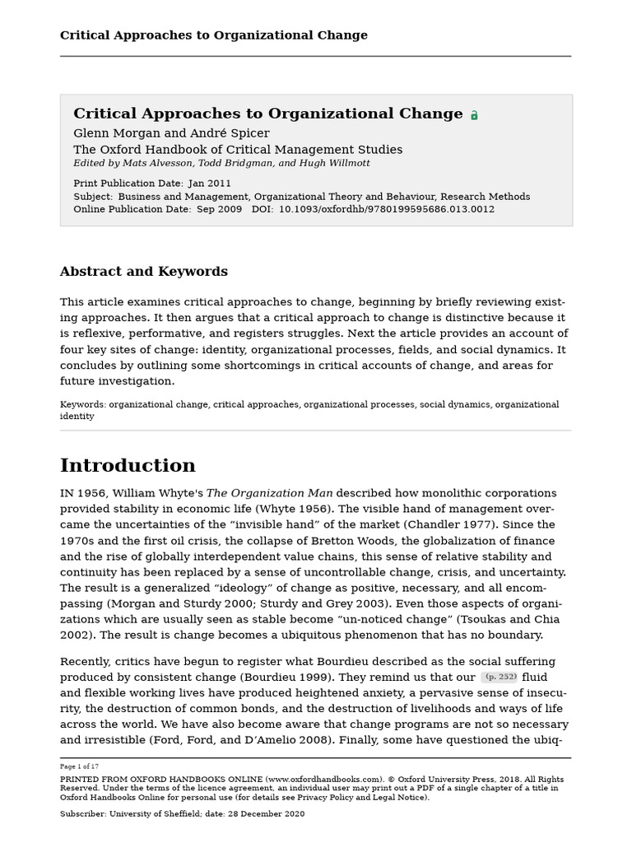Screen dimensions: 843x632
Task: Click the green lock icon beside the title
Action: click(474, 116)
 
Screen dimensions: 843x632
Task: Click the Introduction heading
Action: click(128, 466)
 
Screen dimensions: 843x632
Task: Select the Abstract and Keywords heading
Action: click(143, 272)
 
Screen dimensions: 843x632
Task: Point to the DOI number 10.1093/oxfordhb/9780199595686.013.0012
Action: click(387, 210)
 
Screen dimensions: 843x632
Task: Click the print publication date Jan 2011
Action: click(210, 184)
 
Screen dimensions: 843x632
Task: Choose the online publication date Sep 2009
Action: click(220, 210)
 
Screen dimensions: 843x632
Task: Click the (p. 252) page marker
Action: click(500, 677)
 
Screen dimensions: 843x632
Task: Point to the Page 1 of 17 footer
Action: click(79, 766)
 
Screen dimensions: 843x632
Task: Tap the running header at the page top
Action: click(213, 35)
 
